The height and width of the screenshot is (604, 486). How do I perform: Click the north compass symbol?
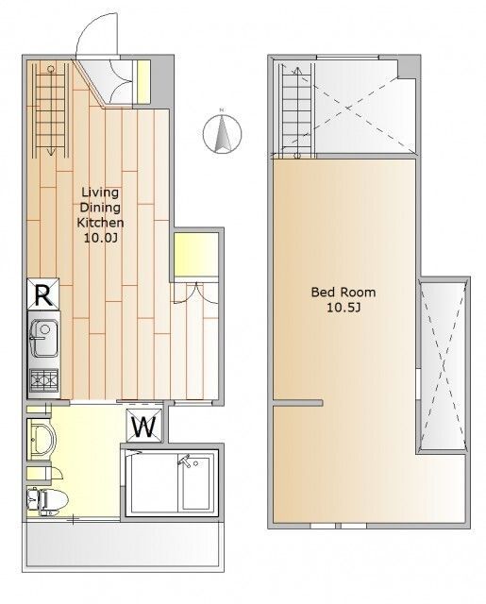(222, 133)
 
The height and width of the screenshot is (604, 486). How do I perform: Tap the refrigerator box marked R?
(43, 294)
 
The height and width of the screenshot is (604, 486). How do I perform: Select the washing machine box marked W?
(144, 425)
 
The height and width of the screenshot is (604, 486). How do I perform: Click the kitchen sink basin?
(44, 339)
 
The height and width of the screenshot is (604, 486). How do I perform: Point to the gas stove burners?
(44, 380)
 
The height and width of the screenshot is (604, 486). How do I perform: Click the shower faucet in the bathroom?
(184, 461)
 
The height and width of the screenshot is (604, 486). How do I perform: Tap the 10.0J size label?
(101, 238)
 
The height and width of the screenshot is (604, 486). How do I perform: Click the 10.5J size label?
(344, 308)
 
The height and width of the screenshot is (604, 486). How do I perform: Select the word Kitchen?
(100, 223)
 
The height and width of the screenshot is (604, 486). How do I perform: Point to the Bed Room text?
(344, 292)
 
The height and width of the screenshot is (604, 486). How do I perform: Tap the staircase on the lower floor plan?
(50, 110)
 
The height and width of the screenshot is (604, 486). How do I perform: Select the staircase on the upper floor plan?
(296, 111)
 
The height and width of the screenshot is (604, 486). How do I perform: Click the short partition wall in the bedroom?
(297, 403)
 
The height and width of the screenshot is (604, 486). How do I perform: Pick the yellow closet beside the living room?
(196, 254)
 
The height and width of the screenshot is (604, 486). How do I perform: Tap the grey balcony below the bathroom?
(122, 545)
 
